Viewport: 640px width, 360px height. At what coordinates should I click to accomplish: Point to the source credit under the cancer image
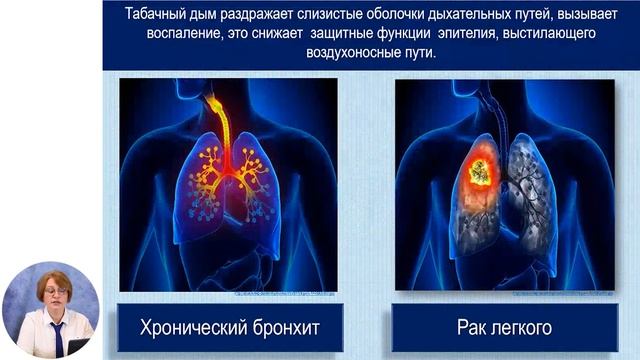pos(570,295)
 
